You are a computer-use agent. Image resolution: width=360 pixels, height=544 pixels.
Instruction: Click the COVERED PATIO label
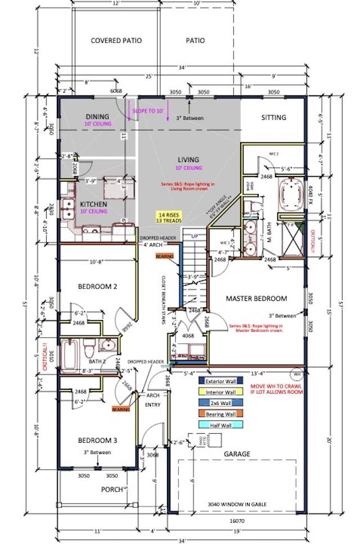tap(116, 41)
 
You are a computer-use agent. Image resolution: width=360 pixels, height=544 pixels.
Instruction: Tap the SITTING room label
tap(274, 118)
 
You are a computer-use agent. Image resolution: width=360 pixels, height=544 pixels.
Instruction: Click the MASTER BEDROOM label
tap(256, 299)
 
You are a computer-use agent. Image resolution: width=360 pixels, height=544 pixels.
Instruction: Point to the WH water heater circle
tap(297, 373)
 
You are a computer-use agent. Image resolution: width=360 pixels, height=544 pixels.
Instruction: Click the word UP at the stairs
tap(194, 236)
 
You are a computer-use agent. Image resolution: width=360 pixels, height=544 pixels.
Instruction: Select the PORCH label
tap(112, 489)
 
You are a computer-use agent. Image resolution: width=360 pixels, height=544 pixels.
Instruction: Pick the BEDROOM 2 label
tap(97, 286)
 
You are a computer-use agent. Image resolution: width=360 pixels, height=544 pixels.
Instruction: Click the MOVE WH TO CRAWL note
tap(276, 387)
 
